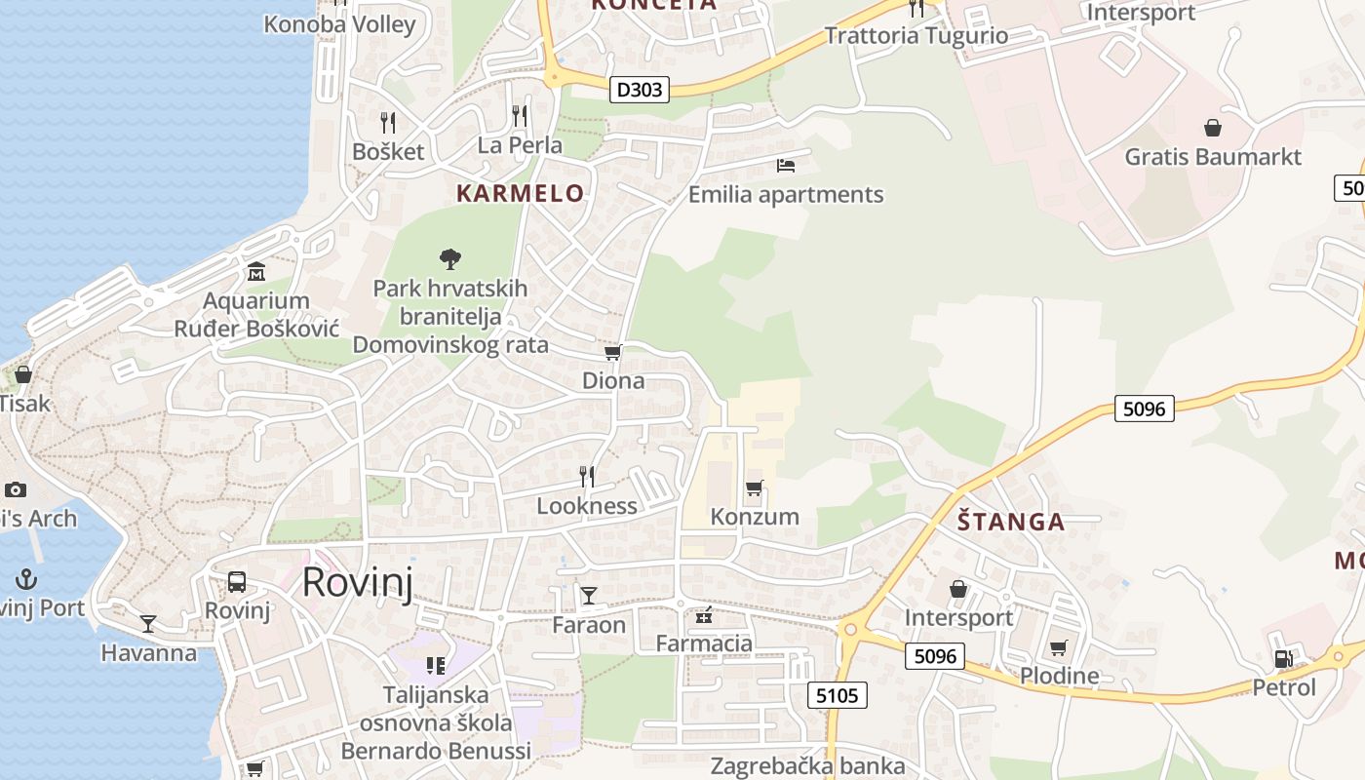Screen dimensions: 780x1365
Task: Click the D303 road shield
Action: click(x=640, y=90)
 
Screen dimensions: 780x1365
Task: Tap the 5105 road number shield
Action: click(x=838, y=694)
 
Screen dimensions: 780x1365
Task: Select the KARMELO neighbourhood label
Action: click(x=520, y=193)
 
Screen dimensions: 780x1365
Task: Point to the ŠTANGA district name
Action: click(x=1010, y=522)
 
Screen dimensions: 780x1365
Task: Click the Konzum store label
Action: click(x=755, y=516)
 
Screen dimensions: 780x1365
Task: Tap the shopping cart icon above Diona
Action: click(x=612, y=352)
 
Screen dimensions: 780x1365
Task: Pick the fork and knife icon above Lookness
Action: click(x=587, y=476)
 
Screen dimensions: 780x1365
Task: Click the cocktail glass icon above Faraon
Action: click(x=589, y=595)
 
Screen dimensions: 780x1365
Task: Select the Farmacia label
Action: click(x=704, y=643)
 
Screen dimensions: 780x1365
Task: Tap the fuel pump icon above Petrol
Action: click(x=1284, y=659)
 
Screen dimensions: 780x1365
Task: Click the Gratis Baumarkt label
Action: click(x=1213, y=156)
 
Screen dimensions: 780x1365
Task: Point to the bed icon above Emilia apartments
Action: click(x=786, y=165)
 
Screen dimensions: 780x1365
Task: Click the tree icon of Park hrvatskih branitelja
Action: click(x=450, y=258)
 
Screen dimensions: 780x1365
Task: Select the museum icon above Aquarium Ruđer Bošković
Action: click(x=256, y=270)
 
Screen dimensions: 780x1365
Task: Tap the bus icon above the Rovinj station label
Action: click(x=237, y=582)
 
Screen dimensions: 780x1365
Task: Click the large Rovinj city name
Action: click(x=357, y=582)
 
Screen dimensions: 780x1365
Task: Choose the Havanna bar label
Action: click(x=149, y=652)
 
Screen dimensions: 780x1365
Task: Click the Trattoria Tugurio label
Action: click(x=916, y=36)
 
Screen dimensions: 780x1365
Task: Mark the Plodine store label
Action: click(x=1059, y=676)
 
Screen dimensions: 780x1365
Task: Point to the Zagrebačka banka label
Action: click(x=807, y=766)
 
